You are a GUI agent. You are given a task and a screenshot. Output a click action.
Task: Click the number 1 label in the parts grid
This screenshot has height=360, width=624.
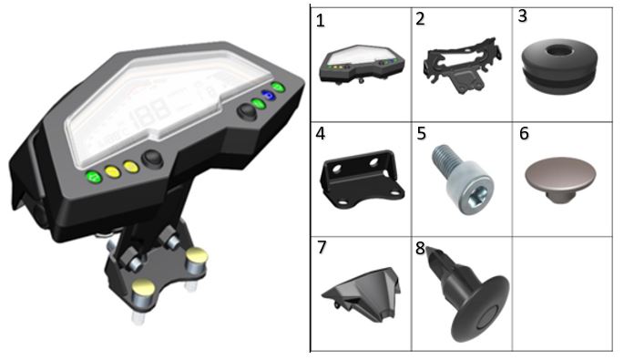[x=320, y=21]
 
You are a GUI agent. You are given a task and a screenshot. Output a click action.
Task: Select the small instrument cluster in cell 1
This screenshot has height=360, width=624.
[x=363, y=65]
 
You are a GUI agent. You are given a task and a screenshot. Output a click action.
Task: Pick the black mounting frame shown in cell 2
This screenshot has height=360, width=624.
[x=462, y=66]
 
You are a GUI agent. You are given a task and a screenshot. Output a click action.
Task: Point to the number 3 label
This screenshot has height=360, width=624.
[x=523, y=15]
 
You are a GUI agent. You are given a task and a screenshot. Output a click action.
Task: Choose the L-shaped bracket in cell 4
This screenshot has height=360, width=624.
[x=362, y=179]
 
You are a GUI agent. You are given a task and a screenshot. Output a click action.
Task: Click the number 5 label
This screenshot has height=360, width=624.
[x=422, y=133]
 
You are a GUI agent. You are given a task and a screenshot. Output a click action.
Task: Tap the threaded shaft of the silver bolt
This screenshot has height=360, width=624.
[x=445, y=159]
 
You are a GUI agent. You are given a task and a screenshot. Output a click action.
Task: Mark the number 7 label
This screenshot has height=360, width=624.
[x=322, y=247]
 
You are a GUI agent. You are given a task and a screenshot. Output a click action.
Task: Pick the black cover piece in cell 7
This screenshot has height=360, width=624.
[x=362, y=293]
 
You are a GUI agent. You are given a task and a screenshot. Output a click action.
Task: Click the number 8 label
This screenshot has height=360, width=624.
[x=420, y=248]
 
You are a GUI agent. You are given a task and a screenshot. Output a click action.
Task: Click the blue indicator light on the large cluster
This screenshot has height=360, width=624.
[x=268, y=95]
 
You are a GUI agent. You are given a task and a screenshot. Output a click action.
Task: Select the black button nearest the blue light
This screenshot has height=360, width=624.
[x=247, y=111]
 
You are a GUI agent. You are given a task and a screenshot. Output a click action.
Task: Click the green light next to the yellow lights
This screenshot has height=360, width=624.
[x=95, y=177]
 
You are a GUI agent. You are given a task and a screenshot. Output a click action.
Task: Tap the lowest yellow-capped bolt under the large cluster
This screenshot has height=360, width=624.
[x=143, y=291]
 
